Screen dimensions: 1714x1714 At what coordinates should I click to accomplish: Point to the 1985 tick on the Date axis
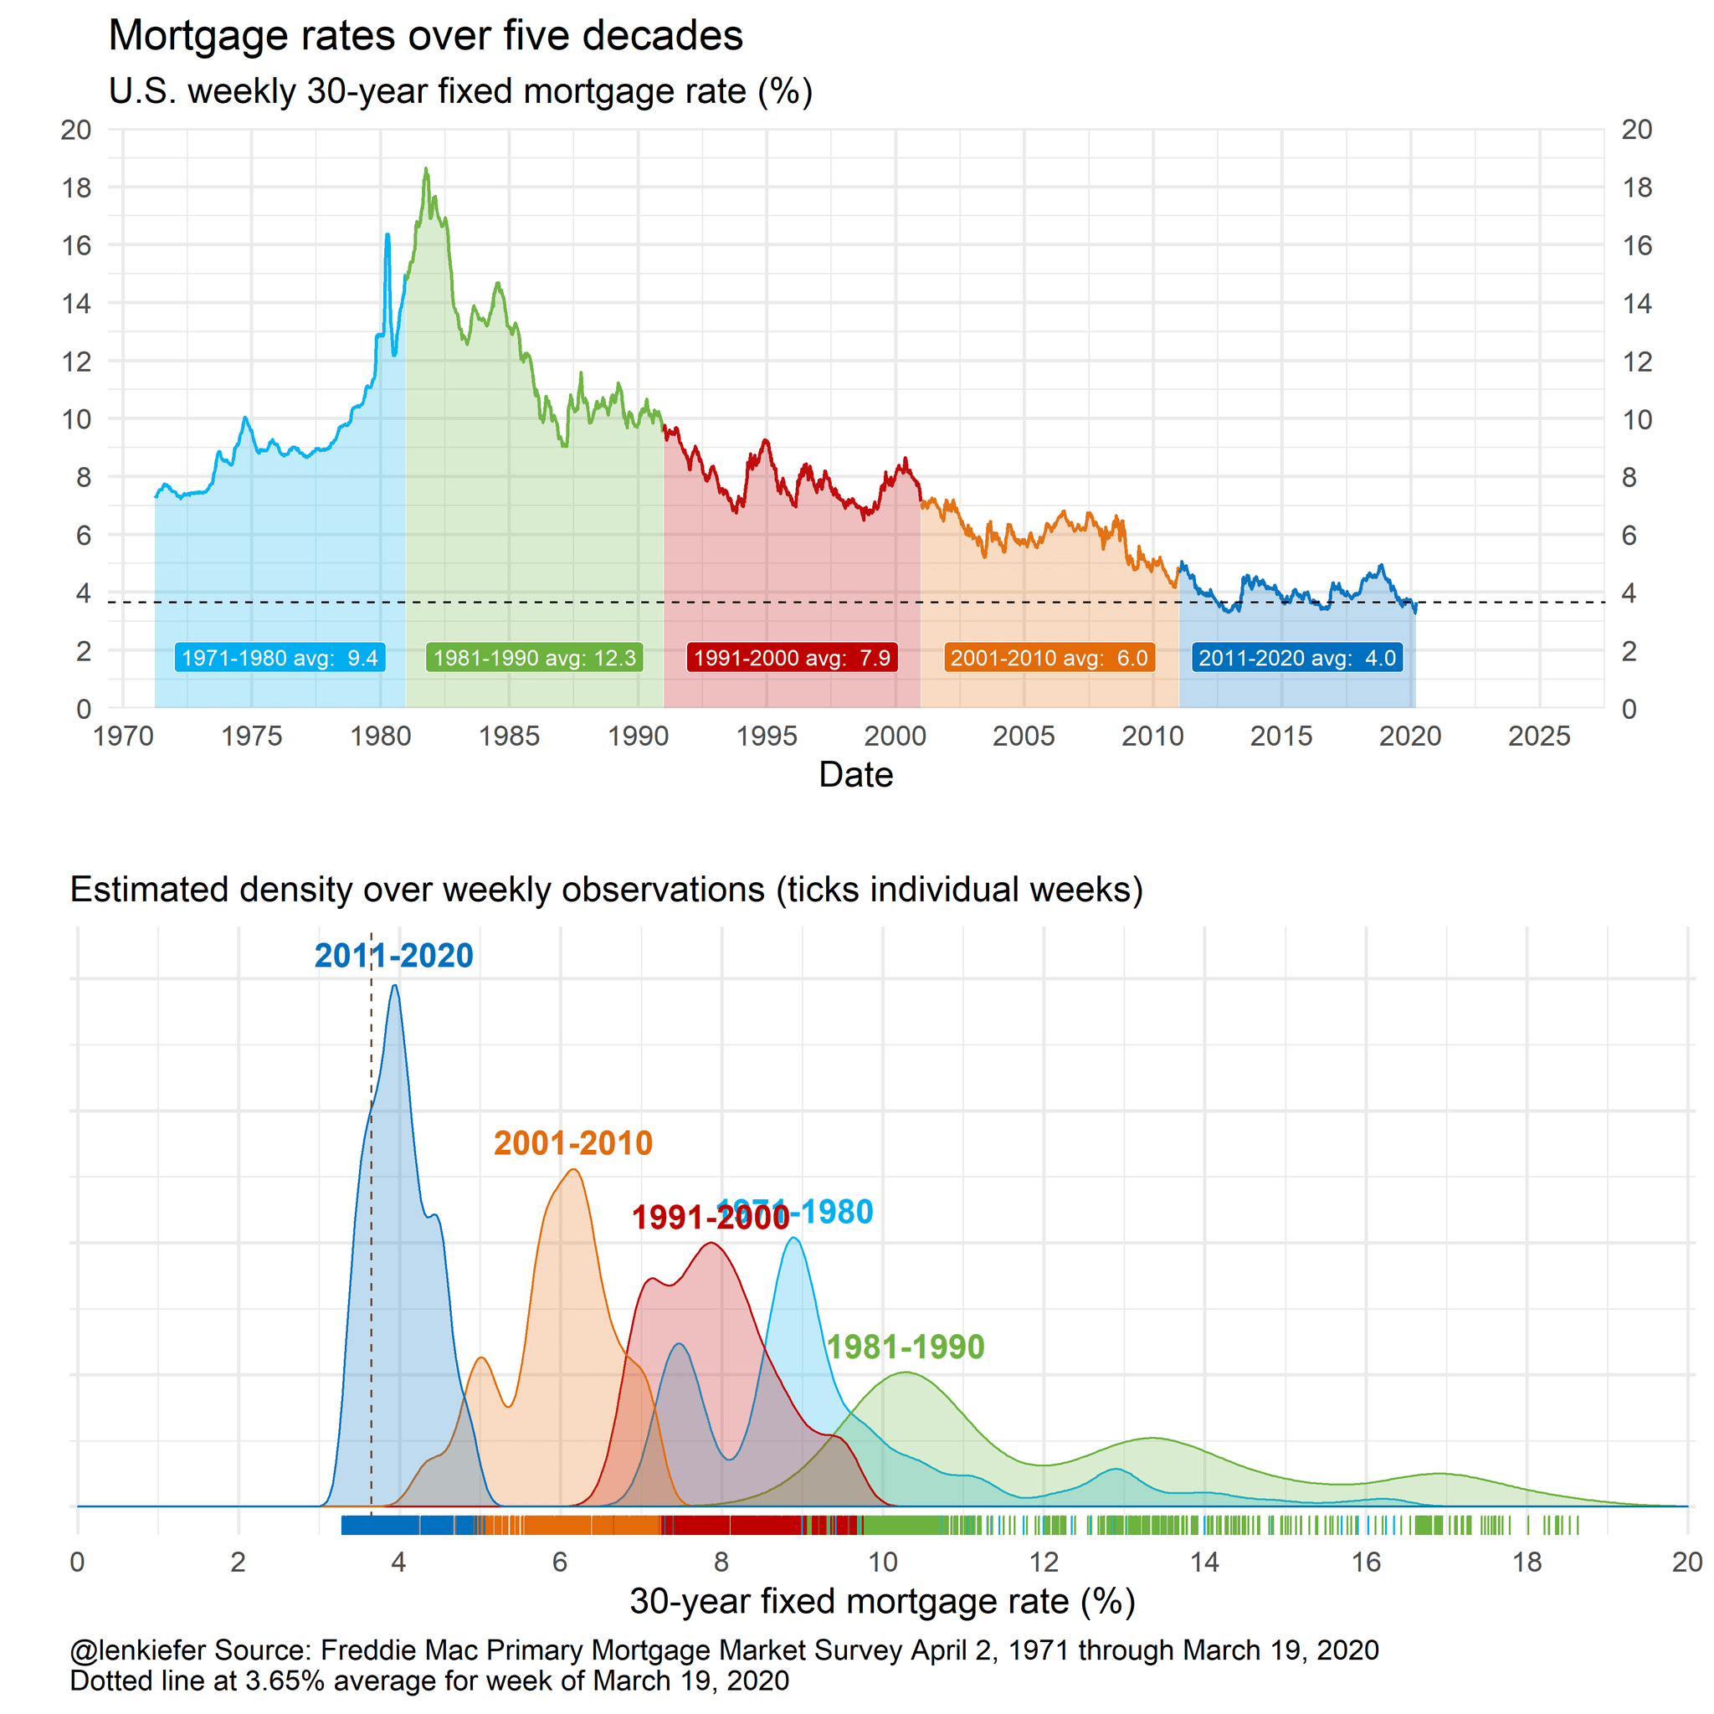pyautogui.click(x=509, y=736)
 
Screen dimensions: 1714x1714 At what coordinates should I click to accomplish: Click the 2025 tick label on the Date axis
pyautogui.click(x=1539, y=736)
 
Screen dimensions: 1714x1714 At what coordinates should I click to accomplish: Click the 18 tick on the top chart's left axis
pyautogui.click(x=76, y=187)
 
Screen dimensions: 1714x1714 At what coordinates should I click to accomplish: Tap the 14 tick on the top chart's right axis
pyautogui.click(x=1637, y=304)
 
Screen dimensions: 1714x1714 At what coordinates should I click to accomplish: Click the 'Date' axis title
pyautogui.click(x=855, y=774)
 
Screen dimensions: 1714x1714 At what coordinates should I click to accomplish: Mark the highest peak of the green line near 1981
pyautogui.click(x=426, y=168)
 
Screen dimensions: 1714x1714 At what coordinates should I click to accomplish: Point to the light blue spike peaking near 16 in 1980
pyautogui.click(x=387, y=235)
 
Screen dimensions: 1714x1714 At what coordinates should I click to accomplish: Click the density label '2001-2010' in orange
pyautogui.click(x=573, y=1142)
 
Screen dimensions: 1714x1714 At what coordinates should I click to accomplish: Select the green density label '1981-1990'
pyautogui.click(x=905, y=1347)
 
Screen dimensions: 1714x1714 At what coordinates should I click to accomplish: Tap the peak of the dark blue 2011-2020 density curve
pyautogui.click(x=395, y=986)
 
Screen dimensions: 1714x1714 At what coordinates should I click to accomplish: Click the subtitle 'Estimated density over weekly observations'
pyautogui.click(x=606, y=889)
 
